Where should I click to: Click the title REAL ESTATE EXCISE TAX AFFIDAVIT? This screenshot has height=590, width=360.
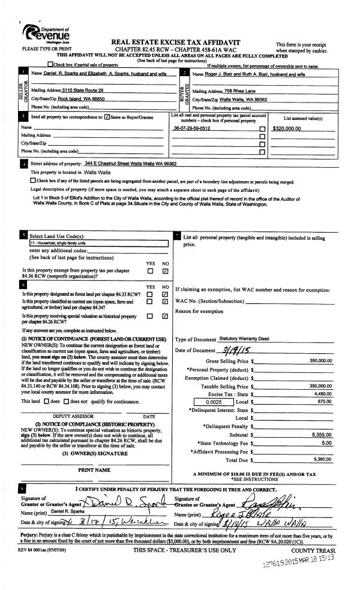pos(176,43)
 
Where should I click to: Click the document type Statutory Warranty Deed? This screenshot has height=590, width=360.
pos(244,339)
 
